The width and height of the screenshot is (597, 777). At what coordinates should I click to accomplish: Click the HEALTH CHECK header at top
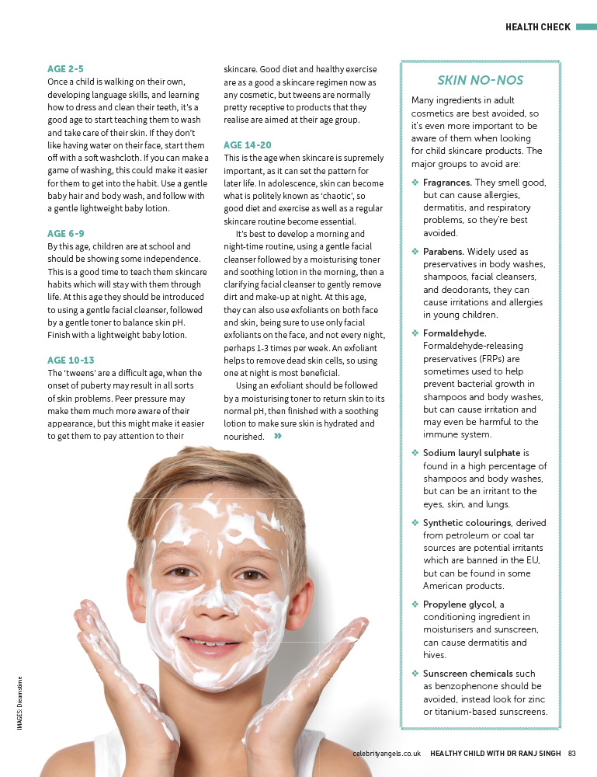tap(537, 27)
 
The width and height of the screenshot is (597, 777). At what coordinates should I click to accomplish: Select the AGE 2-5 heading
tap(64, 69)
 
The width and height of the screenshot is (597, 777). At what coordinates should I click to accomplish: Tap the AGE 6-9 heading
tap(65, 234)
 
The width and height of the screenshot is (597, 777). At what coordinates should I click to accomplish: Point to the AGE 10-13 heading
tap(70, 361)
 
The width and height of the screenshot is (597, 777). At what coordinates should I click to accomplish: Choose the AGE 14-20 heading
tap(247, 145)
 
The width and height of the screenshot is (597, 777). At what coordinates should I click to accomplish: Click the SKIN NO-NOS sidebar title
tap(480, 80)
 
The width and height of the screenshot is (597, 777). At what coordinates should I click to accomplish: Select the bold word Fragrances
tap(447, 183)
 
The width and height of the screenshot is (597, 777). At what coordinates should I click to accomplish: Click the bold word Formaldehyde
tap(454, 333)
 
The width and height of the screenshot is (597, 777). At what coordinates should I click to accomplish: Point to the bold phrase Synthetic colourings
tap(467, 523)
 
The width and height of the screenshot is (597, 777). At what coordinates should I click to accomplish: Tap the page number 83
tap(571, 753)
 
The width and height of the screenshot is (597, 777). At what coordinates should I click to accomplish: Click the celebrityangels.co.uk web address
tap(386, 753)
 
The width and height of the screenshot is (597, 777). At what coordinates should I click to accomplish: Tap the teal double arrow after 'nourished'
tap(277, 437)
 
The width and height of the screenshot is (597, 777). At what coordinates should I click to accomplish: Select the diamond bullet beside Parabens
tap(415, 252)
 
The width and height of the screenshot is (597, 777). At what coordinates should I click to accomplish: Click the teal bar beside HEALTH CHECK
tap(585, 27)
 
